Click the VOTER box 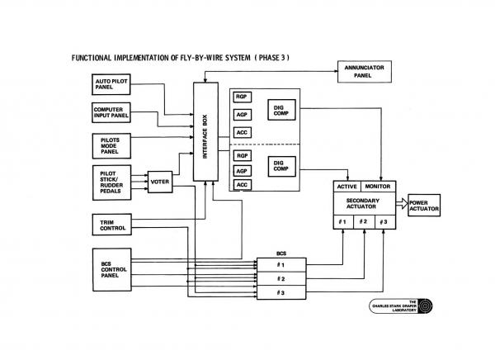pyautogui.click(x=159, y=181)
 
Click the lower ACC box pyautogui.click(x=243, y=185)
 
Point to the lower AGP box pyautogui.click(x=243, y=170)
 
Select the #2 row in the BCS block pyautogui.click(x=281, y=278)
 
